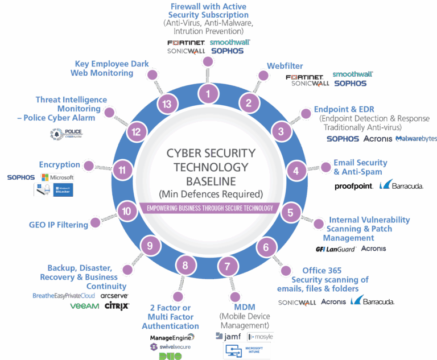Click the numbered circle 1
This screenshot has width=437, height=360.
211,93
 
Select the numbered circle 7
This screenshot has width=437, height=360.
228,266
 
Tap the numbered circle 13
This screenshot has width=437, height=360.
167,104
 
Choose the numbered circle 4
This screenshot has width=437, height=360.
296,169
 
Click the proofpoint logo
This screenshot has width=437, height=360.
354,185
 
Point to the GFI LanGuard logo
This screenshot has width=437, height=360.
336,249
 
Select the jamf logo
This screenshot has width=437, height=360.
229,337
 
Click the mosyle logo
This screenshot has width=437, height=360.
261,337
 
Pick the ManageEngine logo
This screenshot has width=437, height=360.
170,337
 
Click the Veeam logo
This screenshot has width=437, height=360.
85,306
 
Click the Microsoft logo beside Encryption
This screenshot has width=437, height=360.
57,177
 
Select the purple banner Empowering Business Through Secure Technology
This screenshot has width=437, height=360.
210,208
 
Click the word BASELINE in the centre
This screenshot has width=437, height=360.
211,181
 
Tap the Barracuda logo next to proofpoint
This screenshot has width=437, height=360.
402,185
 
